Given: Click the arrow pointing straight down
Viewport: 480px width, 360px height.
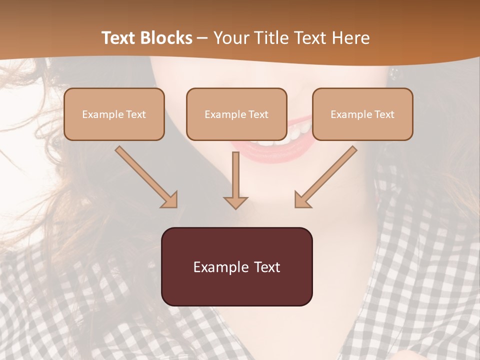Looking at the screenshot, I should pos(235,180).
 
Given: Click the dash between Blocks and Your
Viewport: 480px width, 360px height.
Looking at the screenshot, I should pos(202,38).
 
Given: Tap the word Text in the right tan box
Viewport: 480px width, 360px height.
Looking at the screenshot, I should pos(385,114).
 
